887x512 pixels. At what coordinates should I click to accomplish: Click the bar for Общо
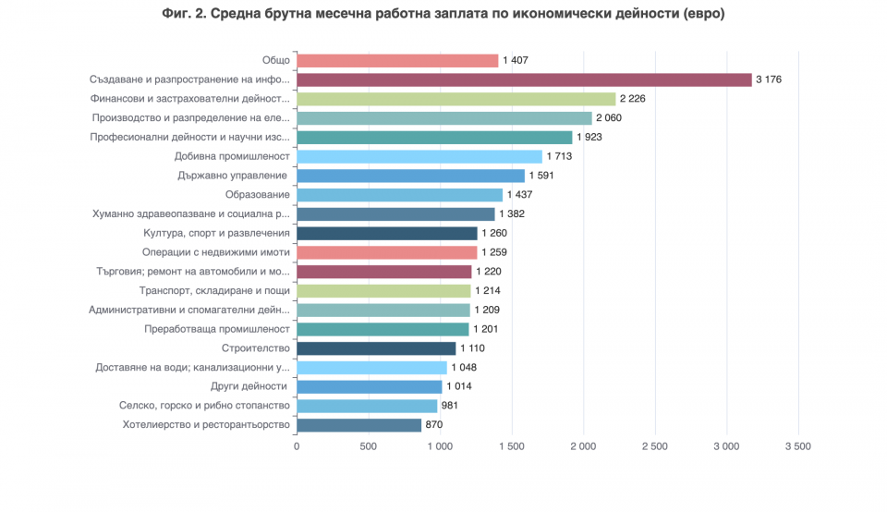coord(397,61)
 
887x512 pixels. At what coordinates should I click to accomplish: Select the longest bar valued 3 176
coord(525,79)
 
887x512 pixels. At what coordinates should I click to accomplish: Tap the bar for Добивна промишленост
coord(419,157)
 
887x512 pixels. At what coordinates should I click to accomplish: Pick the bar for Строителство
coord(376,348)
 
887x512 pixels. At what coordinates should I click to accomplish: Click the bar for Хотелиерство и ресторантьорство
coord(359,425)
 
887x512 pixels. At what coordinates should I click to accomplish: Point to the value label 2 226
coord(632,99)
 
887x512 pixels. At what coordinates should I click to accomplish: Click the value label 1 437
coord(520,195)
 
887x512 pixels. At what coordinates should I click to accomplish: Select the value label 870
coord(434,425)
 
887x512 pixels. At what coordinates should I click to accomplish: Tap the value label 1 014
coord(459,386)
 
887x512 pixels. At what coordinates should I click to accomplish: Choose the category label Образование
coord(258,195)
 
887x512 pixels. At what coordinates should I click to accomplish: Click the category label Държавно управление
coord(233,176)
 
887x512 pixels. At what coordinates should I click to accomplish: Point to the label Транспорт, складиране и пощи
coord(214,291)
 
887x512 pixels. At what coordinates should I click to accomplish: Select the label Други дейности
coord(249,386)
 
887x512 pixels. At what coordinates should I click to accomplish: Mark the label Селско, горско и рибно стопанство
coord(204,406)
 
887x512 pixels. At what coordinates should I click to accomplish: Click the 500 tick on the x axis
coord(369,446)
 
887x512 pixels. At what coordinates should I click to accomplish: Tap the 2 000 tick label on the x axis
coord(583,446)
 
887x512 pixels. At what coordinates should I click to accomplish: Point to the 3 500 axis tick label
coord(798,446)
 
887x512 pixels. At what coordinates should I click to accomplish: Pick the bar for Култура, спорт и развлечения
coord(387,233)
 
